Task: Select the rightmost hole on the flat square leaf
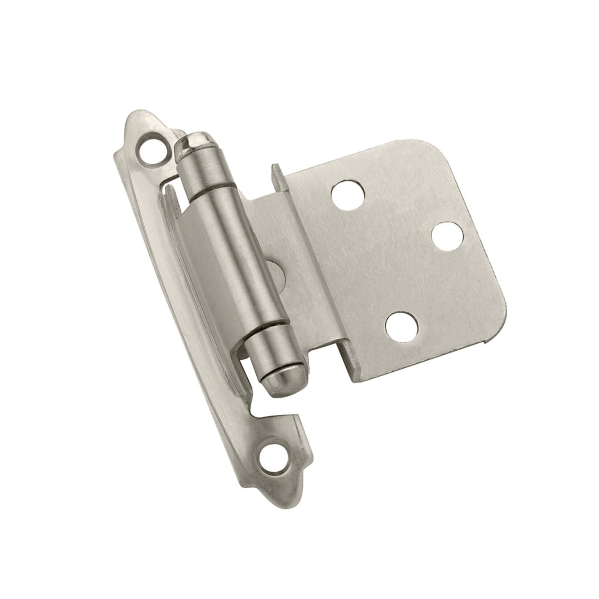tap(447, 236)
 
